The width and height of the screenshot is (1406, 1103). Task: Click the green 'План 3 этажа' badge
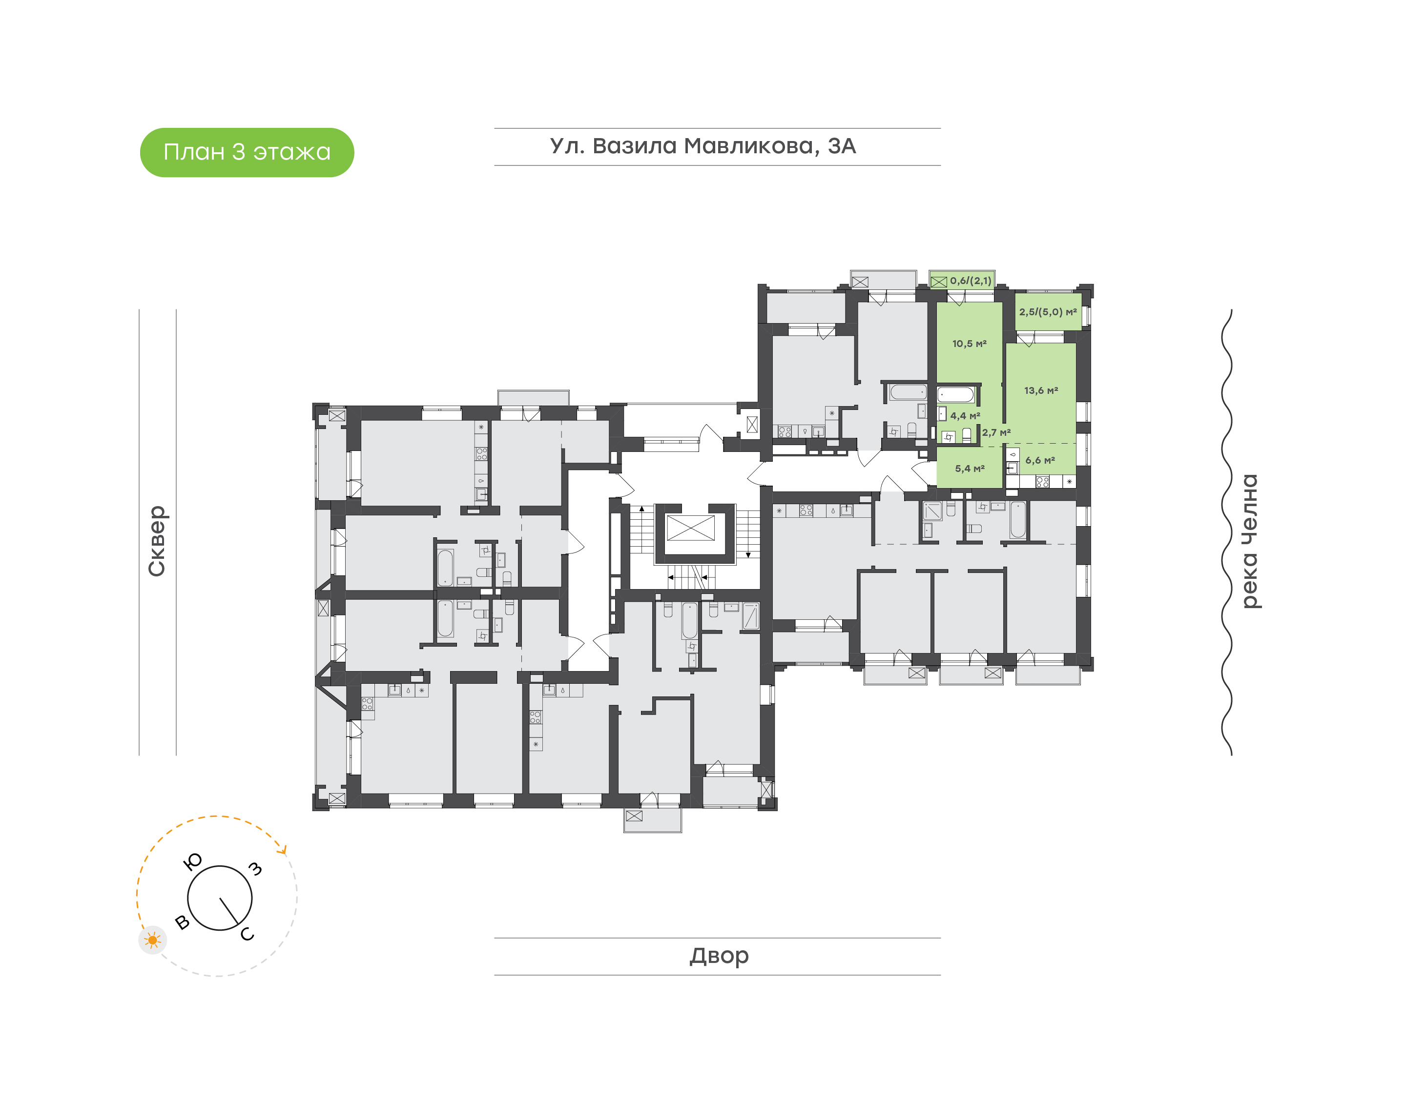coord(247,152)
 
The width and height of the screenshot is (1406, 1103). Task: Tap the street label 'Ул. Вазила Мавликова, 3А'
coord(703,146)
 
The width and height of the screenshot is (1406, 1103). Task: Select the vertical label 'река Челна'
coord(1250,541)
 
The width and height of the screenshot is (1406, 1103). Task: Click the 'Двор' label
coord(719,956)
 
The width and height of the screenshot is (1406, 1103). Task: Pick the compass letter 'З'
coord(256,869)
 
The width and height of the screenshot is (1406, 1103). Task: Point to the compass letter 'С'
coord(248,934)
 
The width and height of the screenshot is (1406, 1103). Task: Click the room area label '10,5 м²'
coord(970,344)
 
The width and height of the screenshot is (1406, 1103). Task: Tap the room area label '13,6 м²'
coord(1041,391)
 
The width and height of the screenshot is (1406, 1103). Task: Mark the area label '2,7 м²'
coord(996,433)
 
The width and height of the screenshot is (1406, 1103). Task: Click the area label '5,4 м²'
coord(970,469)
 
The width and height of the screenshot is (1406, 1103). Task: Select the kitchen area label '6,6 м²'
coord(1040,460)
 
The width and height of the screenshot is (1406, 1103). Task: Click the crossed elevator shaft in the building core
coord(690,528)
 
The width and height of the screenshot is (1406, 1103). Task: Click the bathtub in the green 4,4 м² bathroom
coord(956,394)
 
